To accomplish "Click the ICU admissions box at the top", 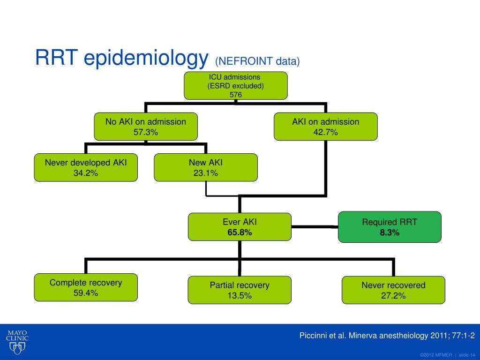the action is pos(236,86).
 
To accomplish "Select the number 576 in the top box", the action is pos(236,95).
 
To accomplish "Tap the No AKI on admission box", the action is pos(146,127).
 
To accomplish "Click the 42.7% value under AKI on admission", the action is pos(325,132).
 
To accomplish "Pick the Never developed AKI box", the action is pos(86,167).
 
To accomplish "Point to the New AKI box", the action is pos(206,167).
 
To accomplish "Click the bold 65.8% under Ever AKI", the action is pos(240,232).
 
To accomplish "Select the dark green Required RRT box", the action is pos(390,227).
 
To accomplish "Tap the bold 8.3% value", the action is pos(390,232).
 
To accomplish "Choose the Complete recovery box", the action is pos(86,287).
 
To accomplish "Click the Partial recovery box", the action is pos(240,290).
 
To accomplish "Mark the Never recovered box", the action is pos(393,290).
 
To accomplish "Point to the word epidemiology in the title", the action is pos(146,57).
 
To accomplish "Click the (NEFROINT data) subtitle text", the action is pos(257,61).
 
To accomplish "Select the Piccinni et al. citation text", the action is pos(387,336).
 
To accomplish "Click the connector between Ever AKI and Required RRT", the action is pos(315,227).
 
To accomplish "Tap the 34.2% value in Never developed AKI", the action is pos(86,173).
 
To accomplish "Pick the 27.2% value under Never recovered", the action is pos(393,296).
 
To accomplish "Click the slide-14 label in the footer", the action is pos(467,355).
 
